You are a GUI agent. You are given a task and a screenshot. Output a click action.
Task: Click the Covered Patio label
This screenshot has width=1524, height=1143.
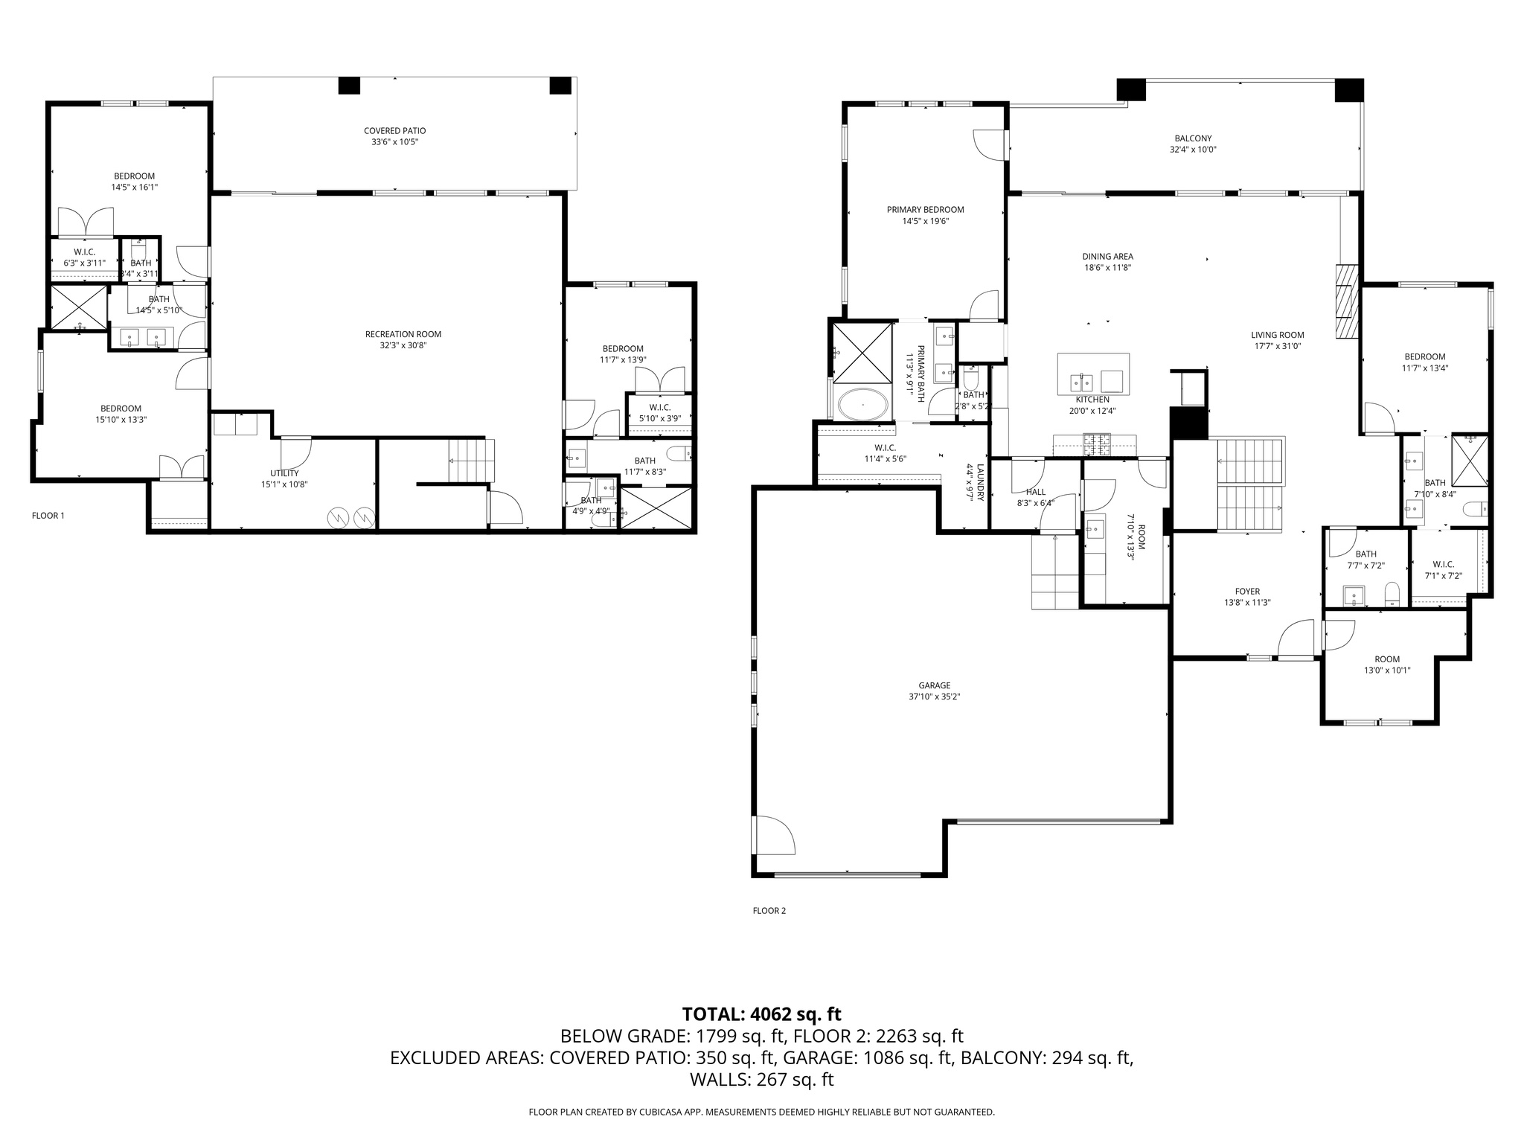(394, 131)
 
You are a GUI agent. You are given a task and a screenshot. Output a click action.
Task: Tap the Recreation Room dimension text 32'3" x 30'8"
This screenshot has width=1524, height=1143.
(392, 345)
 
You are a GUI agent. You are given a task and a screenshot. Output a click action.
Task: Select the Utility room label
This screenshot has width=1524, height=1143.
(284, 473)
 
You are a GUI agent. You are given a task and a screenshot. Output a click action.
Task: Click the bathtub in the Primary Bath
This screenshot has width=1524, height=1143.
(862, 406)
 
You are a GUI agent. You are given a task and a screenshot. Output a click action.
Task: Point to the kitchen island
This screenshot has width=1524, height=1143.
(1092, 374)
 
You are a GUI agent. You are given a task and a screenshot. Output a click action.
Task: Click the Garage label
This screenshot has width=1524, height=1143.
(934, 685)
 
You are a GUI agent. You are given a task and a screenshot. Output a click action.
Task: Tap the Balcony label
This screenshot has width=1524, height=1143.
(1193, 138)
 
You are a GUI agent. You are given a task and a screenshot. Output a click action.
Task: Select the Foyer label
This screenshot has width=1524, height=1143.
(1247, 592)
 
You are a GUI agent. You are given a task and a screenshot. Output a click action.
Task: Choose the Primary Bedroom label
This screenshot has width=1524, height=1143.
(925, 210)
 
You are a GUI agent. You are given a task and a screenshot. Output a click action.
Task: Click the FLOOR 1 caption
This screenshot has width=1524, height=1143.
(48, 515)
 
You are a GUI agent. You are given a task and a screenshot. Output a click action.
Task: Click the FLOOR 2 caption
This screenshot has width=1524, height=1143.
(769, 910)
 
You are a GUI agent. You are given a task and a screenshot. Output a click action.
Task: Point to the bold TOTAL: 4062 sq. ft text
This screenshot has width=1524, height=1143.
(761, 1014)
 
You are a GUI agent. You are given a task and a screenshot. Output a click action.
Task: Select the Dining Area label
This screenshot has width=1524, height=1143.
(1107, 257)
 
